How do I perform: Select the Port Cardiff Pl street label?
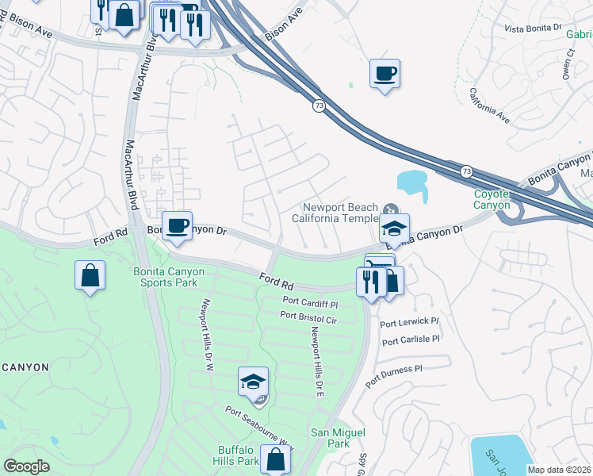[311, 302]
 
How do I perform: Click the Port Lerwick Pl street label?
[409, 322]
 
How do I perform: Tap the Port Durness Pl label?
[394, 374]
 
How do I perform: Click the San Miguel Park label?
[338, 438]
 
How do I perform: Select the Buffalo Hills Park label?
[239, 455]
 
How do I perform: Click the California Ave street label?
[488, 105]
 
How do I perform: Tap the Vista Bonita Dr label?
[533, 28]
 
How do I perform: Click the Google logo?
[26, 466]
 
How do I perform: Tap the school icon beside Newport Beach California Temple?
[394, 228]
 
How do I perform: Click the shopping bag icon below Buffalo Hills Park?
[275, 459]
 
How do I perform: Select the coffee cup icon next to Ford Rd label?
[177, 225]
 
